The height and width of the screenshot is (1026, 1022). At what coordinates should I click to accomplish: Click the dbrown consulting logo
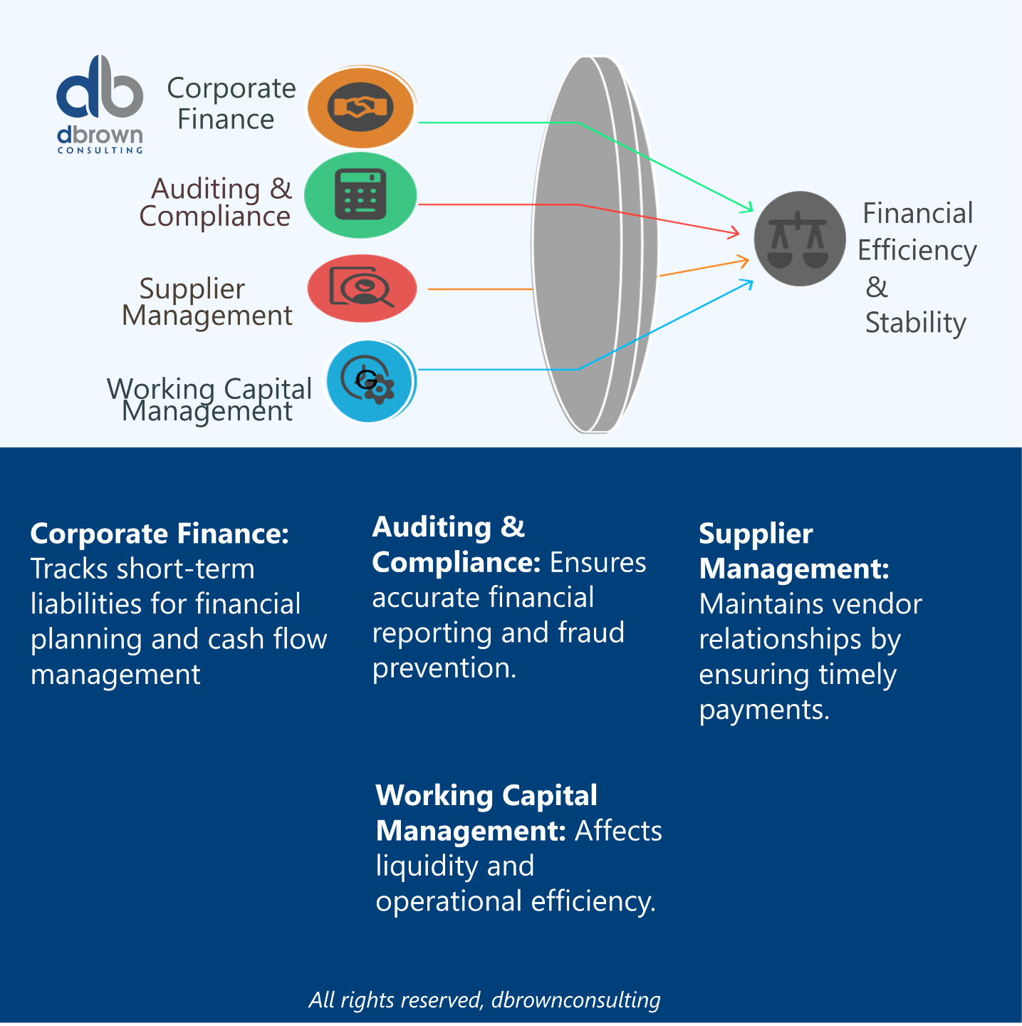(100, 104)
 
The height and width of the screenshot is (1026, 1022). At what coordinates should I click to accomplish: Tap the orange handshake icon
(361, 108)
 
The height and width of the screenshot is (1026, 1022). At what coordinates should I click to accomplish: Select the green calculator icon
(360, 195)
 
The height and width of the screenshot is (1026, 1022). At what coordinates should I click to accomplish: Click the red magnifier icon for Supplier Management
(362, 288)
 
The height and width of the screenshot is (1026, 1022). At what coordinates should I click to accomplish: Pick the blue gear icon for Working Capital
(370, 381)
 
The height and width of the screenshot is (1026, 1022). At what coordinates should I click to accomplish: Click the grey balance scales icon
(799, 239)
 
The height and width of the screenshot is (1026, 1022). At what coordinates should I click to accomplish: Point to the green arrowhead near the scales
(749, 208)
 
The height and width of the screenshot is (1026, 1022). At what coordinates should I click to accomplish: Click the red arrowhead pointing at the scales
(735, 232)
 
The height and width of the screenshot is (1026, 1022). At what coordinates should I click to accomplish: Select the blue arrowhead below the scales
(748, 284)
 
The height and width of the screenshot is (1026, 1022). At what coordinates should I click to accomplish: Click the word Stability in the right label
(915, 323)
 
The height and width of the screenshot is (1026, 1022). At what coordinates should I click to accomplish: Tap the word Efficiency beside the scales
(917, 251)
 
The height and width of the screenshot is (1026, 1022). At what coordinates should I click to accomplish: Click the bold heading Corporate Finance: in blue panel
(160, 534)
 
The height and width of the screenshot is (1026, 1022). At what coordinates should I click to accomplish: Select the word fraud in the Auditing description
(591, 633)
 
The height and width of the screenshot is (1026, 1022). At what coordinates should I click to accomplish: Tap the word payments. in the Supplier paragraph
(764, 710)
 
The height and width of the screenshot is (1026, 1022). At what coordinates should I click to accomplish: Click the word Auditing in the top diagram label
(206, 190)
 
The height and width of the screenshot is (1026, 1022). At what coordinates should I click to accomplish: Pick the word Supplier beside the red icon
(192, 289)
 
